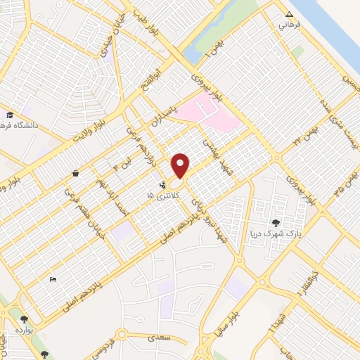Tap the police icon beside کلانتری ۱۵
coord(164,186)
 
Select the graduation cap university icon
coord(10,115)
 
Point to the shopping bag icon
coord(75,172)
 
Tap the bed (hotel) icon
coord(53,279)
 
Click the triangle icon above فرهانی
coord(288,14)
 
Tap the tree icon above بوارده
coord(25,319)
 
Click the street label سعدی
coord(160,338)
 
